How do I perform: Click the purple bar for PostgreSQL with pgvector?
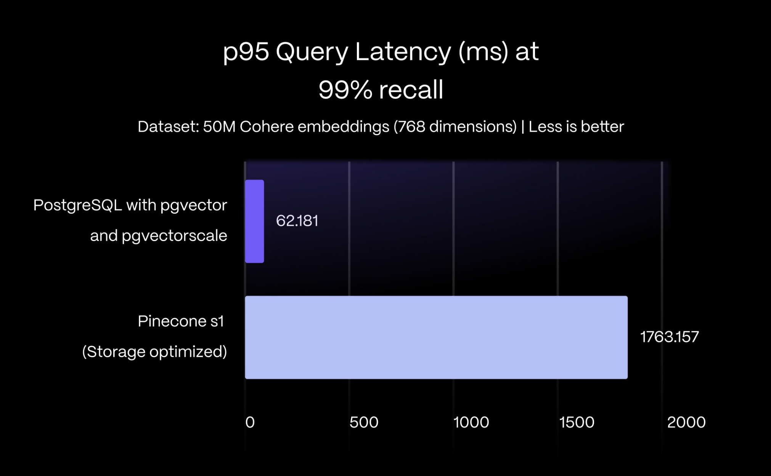click(254, 221)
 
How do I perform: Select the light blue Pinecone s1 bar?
click(436, 337)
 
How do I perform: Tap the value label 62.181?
click(297, 221)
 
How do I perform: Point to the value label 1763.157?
click(669, 337)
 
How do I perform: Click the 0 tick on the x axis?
click(250, 422)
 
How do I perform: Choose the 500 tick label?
click(364, 422)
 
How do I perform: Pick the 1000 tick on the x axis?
click(471, 422)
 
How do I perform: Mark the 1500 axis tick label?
click(577, 422)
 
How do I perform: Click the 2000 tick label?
click(686, 422)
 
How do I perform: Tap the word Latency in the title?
click(403, 52)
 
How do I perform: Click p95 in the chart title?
click(246, 52)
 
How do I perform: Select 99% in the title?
click(345, 90)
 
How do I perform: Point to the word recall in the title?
click(411, 90)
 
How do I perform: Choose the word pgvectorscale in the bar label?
click(174, 236)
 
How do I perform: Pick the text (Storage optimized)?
click(154, 352)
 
